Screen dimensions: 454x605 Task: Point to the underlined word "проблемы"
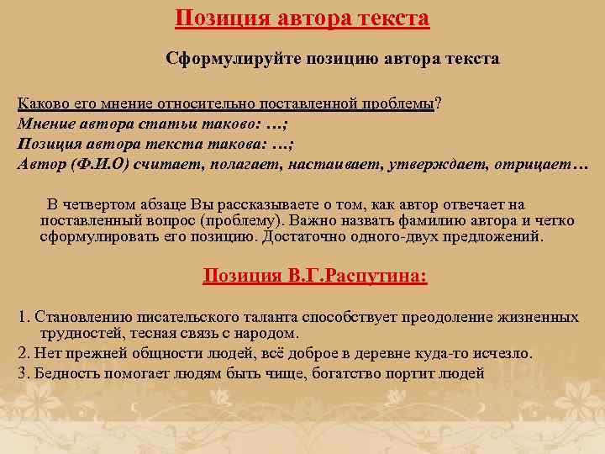coord(398,103)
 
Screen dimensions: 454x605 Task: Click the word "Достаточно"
coord(306,237)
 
